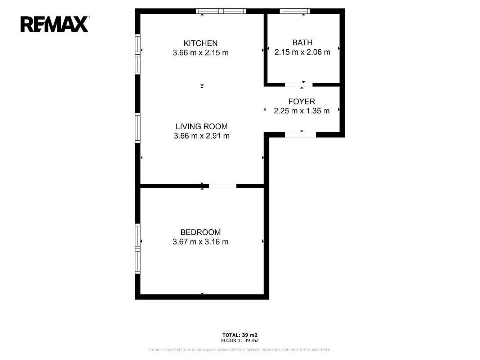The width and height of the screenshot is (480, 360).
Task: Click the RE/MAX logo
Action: click(x=55, y=24)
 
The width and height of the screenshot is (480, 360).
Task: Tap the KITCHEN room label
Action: click(x=201, y=43)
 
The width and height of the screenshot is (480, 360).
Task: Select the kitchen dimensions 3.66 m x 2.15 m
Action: click(x=201, y=53)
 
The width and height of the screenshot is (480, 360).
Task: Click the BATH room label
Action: click(x=302, y=42)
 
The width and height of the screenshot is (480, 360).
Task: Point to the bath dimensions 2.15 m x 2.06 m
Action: click(x=302, y=52)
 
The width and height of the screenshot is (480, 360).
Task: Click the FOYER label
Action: click(x=301, y=102)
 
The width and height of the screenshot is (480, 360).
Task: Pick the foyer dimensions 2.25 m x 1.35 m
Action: click(x=301, y=111)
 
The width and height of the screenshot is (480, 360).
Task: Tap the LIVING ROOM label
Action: click(x=202, y=126)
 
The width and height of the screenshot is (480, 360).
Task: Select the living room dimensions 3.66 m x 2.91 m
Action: click(x=202, y=136)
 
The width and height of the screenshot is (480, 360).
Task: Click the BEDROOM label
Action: click(x=201, y=232)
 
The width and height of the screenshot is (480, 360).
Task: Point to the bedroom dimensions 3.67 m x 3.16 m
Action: click(x=201, y=242)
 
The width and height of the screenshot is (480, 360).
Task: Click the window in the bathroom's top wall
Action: click(x=295, y=11)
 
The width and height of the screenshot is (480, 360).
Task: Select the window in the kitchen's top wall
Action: click(x=221, y=11)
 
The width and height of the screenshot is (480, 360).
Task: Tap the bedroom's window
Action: click(x=138, y=248)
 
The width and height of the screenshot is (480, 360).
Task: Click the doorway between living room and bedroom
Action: click(x=223, y=186)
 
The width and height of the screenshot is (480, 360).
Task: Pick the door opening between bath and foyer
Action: click(x=299, y=85)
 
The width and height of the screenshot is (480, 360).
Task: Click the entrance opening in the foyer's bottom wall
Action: click(x=300, y=135)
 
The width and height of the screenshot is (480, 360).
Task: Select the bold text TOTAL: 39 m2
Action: click(x=240, y=335)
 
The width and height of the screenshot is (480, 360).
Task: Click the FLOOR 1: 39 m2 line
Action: click(x=240, y=340)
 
